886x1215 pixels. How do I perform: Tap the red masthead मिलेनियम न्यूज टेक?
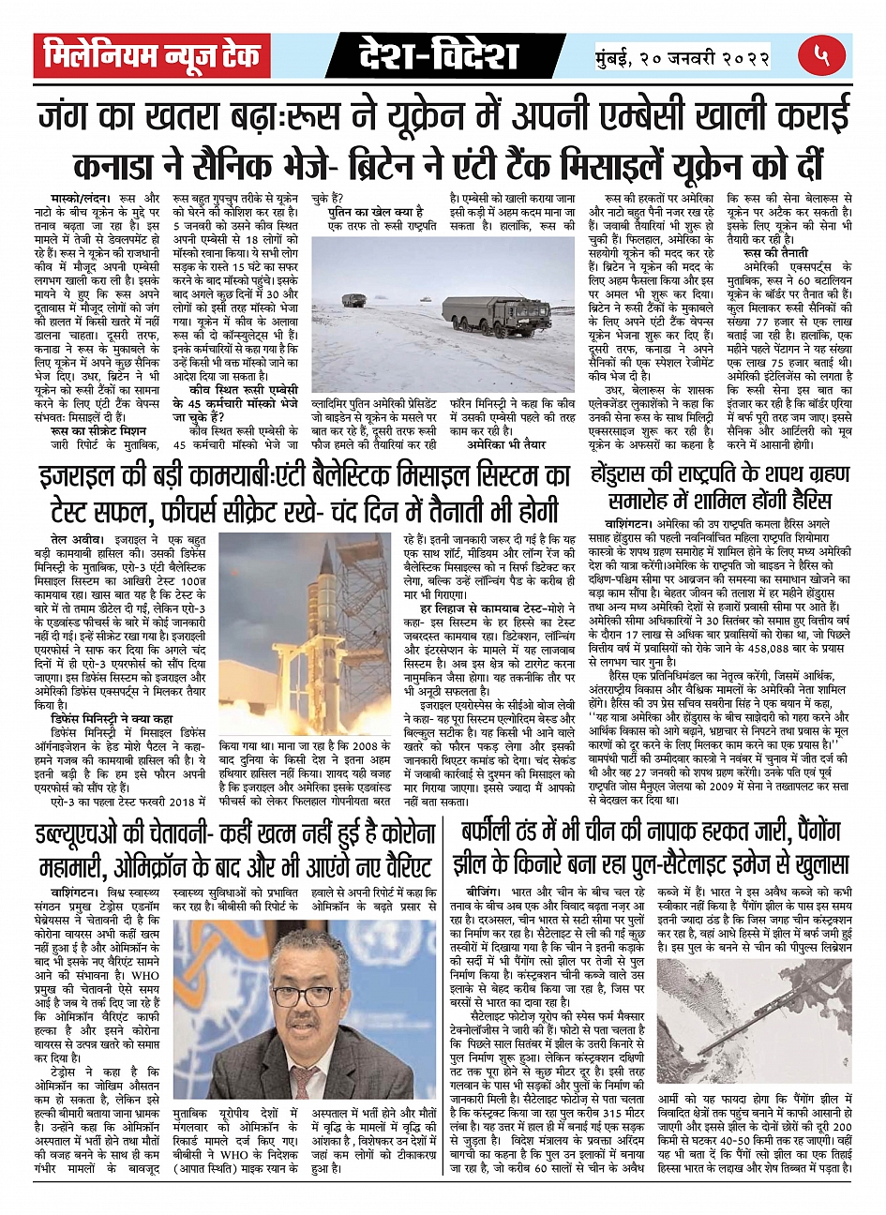coord(152,56)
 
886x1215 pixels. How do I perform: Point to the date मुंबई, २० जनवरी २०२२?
coord(683,58)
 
